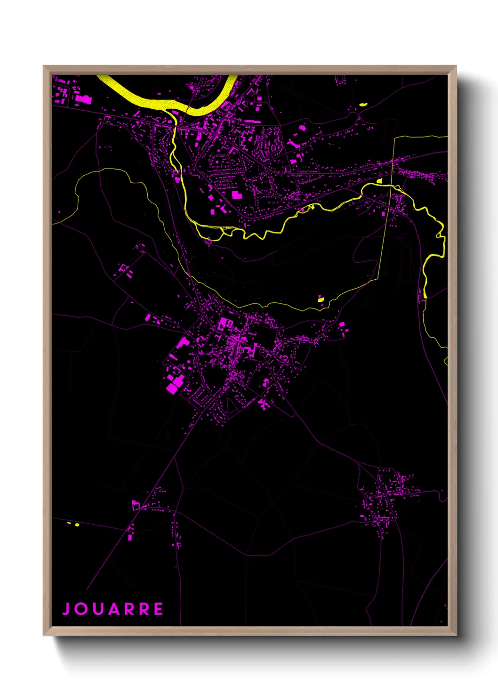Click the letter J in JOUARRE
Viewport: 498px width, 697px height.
(66, 609)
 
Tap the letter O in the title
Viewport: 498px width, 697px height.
(81, 609)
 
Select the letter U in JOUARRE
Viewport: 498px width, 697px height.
(97, 609)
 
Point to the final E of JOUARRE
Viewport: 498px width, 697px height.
(158, 609)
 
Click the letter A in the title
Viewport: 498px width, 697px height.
(113, 609)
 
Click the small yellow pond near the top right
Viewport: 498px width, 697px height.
(362, 105)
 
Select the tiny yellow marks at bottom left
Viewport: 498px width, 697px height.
(73, 524)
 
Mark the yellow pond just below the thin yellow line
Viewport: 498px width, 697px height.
(321, 299)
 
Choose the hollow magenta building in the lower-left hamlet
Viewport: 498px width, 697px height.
(136, 505)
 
